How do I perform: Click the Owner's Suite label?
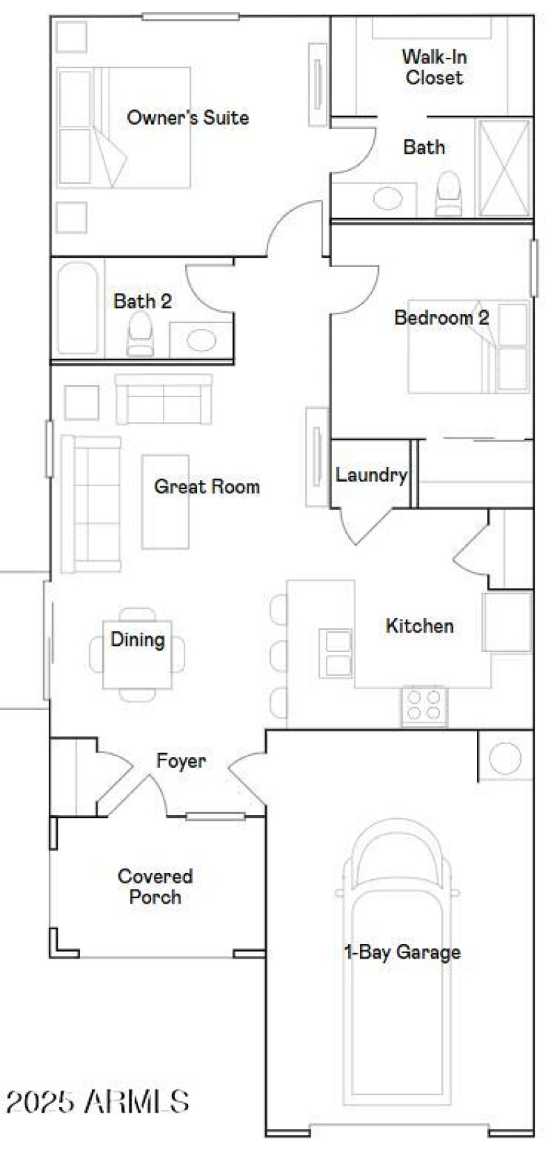click(x=187, y=117)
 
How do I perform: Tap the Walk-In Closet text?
click(x=434, y=67)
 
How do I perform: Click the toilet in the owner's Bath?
click(x=448, y=194)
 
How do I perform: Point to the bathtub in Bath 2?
click(x=77, y=308)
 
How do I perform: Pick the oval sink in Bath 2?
click(x=201, y=341)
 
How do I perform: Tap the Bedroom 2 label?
click(x=441, y=318)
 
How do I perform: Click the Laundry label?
click(x=371, y=475)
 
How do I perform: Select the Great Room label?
click(x=207, y=486)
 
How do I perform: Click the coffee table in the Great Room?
click(x=165, y=502)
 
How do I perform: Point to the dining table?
click(x=137, y=653)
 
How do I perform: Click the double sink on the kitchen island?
click(x=336, y=653)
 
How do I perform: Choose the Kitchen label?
click(x=419, y=626)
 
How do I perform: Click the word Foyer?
click(x=181, y=761)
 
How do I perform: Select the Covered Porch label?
click(x=155, y=886)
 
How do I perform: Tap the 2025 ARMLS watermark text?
click(x=97, y=1101)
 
